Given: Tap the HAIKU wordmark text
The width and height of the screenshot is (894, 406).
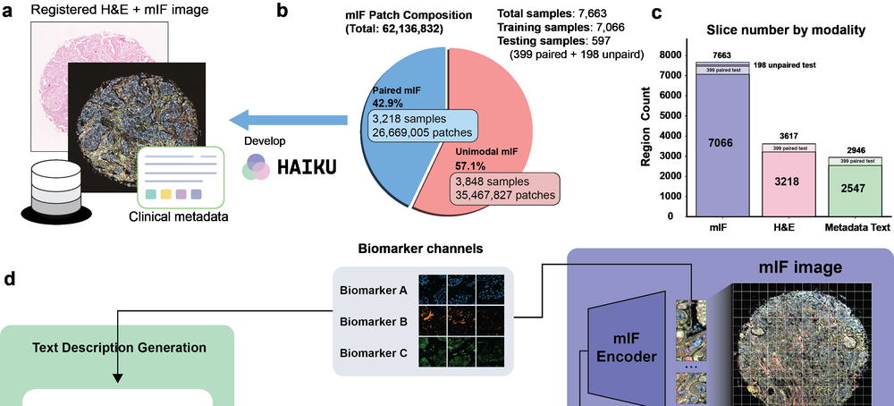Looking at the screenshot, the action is pos(306,166).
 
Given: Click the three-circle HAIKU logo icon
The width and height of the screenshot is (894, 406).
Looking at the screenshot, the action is pos(255,166).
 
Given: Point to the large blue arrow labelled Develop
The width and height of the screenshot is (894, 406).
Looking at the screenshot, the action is pos(289,120).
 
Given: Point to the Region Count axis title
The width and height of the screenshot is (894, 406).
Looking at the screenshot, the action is pos(646,127).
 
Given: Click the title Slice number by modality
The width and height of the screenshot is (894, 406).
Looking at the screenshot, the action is pos(786,30).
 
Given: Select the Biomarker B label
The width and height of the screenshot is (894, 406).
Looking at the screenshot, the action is pos(374,322).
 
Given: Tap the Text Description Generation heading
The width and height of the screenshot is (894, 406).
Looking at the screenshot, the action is pos(119,347).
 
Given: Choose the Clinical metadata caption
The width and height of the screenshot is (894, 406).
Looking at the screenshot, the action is pos(179,216).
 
